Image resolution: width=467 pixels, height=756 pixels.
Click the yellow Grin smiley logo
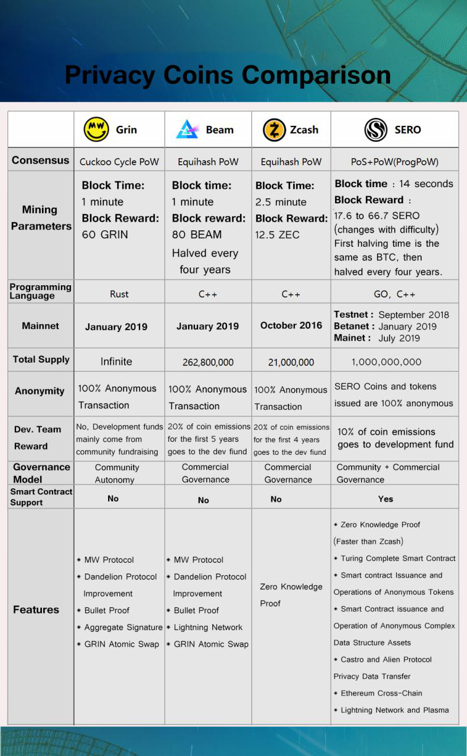[x=96, y=129]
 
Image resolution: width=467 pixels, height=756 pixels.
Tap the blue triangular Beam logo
[x=187, y=129]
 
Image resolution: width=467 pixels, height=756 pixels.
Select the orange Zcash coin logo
[x=274, y=129]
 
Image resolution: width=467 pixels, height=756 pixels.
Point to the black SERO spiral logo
[x=376, y=129]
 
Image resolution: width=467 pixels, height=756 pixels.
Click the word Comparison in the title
[x=316, y=75]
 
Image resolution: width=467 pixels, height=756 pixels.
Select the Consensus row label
[x=40, y=160]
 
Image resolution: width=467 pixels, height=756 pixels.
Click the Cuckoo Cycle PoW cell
[x=119, y=161]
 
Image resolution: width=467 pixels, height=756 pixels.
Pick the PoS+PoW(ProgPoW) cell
[x=394, y=161]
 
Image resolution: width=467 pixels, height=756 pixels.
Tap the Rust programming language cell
[x=119, y=294]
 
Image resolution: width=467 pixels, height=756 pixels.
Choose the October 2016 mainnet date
[x=291, y=325]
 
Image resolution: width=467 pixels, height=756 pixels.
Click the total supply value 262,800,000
[x=207, y=363]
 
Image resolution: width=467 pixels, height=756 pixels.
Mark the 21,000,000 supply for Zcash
[x=291, y=363]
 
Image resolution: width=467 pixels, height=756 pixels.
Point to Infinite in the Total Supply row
[x=116, y=361]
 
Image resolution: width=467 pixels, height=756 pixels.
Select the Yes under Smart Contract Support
[x=385, y=499]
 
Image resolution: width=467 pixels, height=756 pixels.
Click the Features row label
[x=36, y=610]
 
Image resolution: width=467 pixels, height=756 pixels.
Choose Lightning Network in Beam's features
[x=208, y=627]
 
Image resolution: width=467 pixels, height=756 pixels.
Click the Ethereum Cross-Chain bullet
[x=381, y=693]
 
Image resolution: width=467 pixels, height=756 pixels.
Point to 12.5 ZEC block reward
[x=277, y=235]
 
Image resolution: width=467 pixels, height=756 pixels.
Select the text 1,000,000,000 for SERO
[x=387, y=362]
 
